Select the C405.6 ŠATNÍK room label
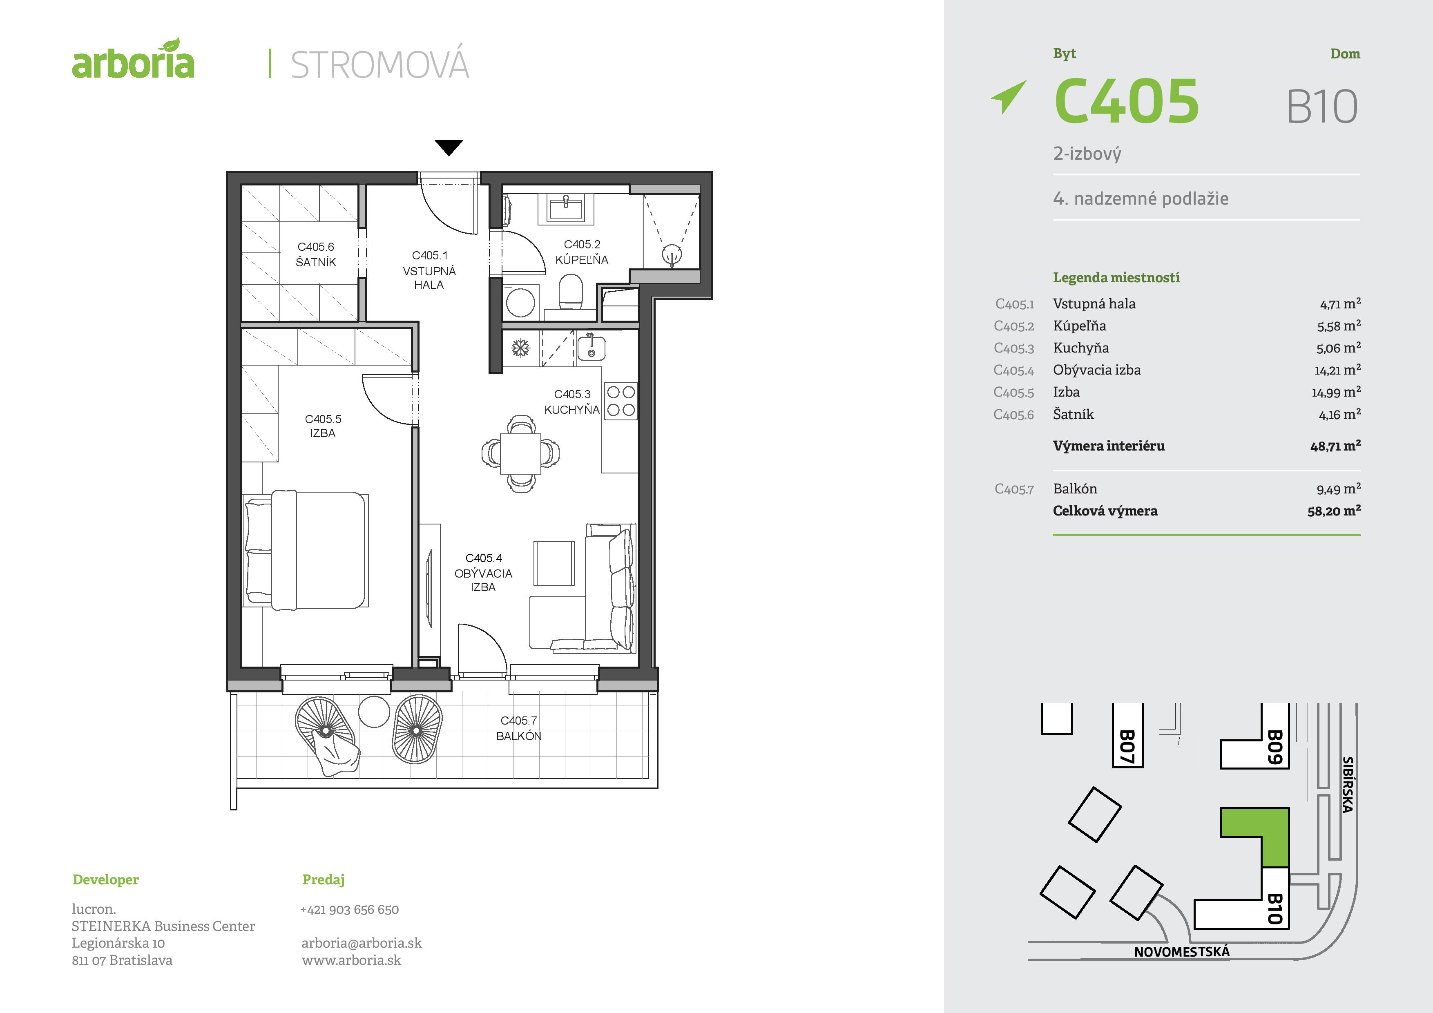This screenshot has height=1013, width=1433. point(316,254)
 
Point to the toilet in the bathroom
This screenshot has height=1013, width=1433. point(570,292)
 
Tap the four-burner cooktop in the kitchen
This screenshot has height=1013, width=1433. point(621,401)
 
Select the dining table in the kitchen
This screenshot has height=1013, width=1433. point(520,453)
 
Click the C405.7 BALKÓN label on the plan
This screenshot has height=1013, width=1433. point(519,728)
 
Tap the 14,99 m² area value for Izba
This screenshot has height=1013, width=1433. point(1336,392)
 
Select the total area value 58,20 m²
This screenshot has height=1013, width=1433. point(1334,511)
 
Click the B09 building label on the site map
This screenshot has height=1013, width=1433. point(1275,747)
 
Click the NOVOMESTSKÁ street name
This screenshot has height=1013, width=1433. point(1181,952)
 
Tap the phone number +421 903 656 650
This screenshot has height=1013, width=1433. point(350,909)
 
